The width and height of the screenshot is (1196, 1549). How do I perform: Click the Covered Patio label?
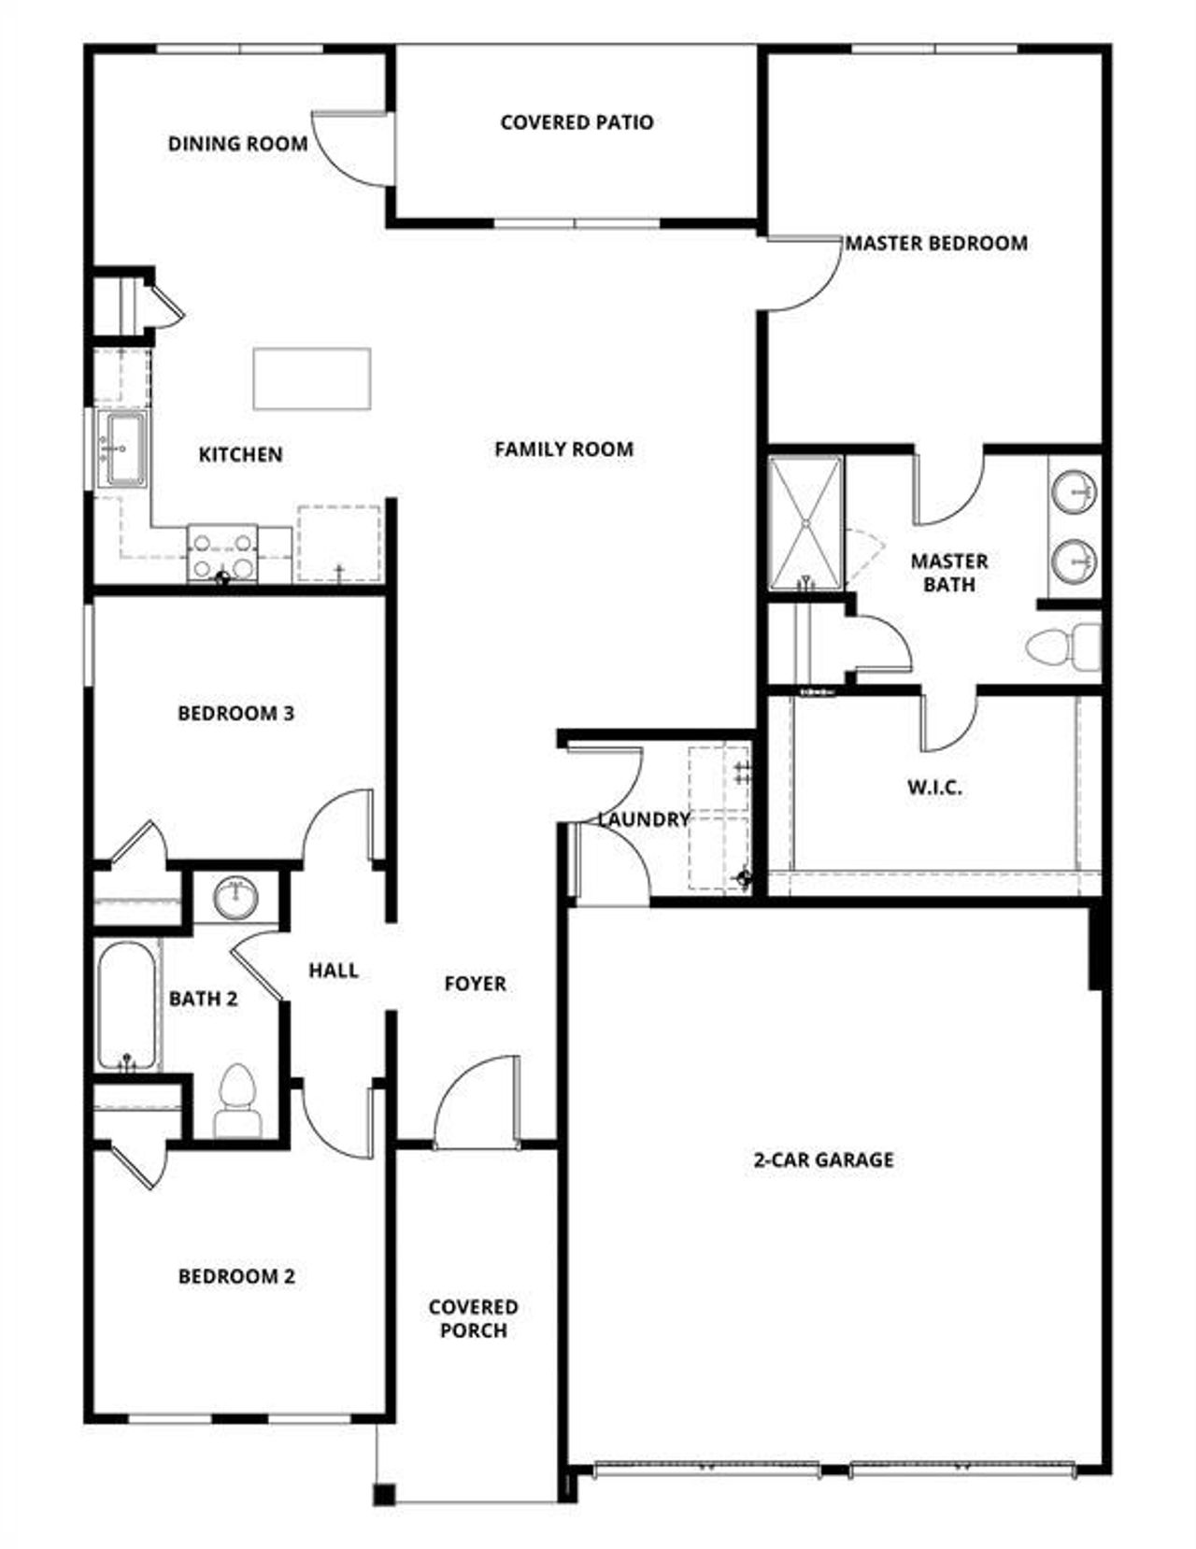tap(577, 122)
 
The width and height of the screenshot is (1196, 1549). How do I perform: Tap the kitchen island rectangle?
tap(312, 378)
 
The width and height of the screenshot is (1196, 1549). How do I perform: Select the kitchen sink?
tap(122, 448)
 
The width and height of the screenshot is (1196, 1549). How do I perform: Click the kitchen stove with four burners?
tap(222, 553)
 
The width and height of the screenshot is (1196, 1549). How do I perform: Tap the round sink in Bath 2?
tap(235, 898)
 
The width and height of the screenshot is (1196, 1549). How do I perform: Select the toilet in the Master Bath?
tap(1063, 646)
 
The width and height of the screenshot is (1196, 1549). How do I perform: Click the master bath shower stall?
tap(804, 523)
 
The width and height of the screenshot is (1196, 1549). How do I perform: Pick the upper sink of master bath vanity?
tap(1075, 491)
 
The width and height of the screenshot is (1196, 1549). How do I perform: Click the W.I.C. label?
tap(933, 788)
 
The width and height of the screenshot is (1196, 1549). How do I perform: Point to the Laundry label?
tap(644, 819)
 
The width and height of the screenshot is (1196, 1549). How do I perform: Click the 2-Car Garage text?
tap(823, 1159)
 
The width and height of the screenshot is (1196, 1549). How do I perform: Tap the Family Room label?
tap(563, 449)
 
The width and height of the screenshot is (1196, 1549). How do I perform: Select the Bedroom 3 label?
tap(235, 714)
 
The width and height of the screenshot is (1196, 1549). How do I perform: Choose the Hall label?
tap(334, 971)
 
